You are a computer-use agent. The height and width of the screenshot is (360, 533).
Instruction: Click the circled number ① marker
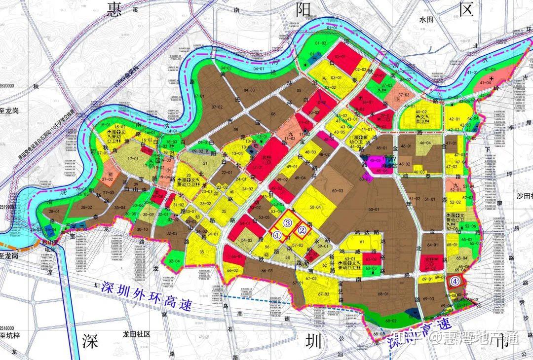tap(277, 236)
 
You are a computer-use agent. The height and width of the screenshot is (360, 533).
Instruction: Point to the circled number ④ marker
tap(455, 281)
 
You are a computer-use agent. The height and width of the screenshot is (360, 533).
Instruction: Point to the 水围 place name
tap(425, 20)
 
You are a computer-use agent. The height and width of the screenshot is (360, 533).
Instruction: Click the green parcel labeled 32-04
tap(174, 260)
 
